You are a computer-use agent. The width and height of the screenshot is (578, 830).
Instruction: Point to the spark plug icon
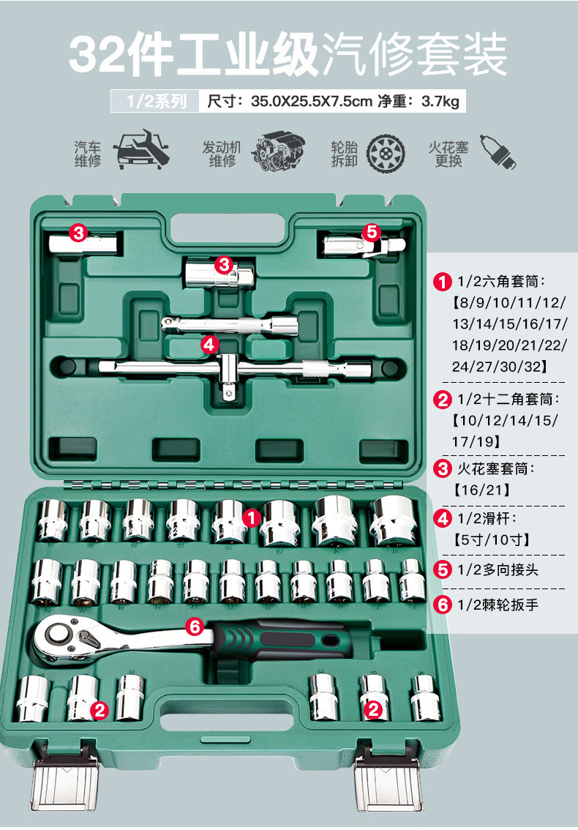tap(497, 151)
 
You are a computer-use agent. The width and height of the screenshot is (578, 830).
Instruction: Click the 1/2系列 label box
tap(154, 101)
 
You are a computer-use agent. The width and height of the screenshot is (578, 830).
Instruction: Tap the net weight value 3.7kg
tap(440, 101)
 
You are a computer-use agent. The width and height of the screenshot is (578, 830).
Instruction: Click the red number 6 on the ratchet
tap(194, 627)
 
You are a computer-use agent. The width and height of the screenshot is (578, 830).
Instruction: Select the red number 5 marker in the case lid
tap(372, 232)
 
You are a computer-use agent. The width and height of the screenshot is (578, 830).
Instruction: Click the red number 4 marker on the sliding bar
tap(209, 344)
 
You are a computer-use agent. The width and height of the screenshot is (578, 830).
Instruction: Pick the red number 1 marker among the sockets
tap(252, 518)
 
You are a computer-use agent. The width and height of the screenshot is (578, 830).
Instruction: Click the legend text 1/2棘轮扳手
tap(498, 605)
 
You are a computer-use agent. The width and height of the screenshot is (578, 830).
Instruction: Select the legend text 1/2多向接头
tap(498, 569)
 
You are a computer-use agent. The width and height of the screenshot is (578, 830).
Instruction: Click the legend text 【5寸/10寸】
tap(490, 540)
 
